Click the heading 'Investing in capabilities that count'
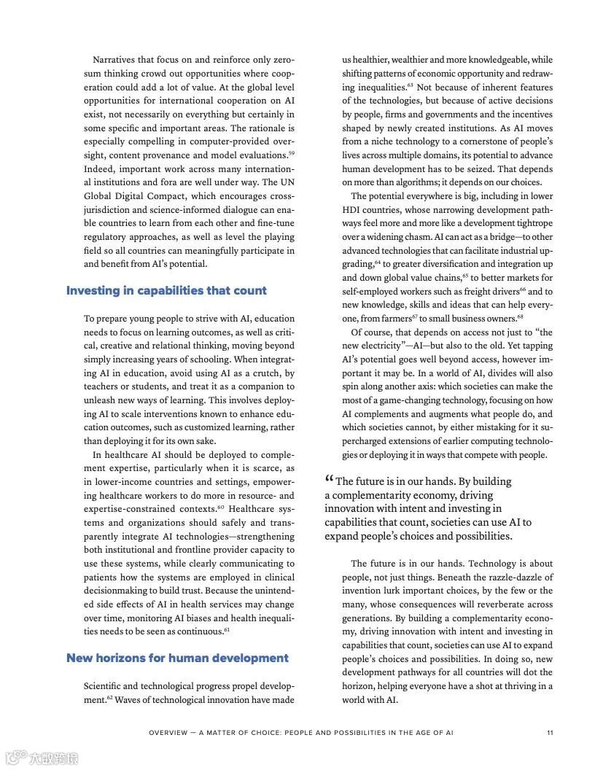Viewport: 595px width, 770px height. click(x=166, y=290)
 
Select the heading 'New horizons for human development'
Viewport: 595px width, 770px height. click(x=177, y=658)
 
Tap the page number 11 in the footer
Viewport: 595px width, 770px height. click(x=549, y=732)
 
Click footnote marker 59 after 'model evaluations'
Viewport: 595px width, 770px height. click(x=291, y=152)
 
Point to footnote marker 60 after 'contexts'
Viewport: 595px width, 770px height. click(x=220, y=507)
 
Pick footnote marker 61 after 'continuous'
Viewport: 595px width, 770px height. click(x=227, y=629)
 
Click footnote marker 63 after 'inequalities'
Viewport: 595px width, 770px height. click(x=411, y=85)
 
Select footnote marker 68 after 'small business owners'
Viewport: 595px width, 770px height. click(x=521, y=316)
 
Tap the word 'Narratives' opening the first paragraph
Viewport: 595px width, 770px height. click(x=114, y=60)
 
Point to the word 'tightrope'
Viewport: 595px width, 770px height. click(x=534, y=223)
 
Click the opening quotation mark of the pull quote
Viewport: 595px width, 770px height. click(x=329, y=480)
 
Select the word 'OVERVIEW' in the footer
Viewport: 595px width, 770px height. click(x=168, y=732)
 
